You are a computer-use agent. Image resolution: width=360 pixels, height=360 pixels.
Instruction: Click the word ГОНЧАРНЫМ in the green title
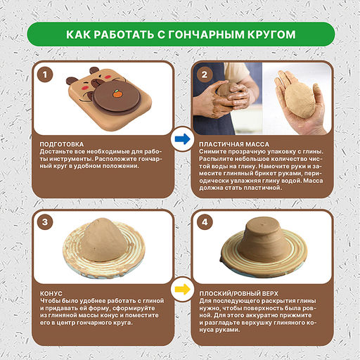coord(206,34)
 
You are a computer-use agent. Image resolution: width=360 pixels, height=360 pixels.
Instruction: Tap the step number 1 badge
coord(45,75)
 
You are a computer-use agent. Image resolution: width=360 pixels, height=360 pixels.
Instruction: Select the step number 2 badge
coord(205,75)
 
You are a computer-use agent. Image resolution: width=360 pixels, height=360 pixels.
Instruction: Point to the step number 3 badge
coord(45,221)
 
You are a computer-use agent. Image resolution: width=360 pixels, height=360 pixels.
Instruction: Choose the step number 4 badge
coord(205,221)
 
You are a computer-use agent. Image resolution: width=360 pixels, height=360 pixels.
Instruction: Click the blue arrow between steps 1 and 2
coord(183,139)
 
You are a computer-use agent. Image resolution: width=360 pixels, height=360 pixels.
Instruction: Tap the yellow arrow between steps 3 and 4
coord(183,289)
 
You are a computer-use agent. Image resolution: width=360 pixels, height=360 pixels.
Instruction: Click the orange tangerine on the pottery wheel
coord(117,94)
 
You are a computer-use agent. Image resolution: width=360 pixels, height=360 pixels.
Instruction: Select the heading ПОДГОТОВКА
coord(62,144)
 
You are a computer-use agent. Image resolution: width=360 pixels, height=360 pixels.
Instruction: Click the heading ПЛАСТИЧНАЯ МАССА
coord(234,144)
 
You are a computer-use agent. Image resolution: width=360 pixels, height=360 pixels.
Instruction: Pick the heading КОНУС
coord(51,294)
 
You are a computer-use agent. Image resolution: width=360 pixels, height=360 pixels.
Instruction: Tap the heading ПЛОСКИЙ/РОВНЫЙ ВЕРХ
coord(238,294)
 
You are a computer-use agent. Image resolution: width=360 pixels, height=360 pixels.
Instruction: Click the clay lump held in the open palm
coord(300,100)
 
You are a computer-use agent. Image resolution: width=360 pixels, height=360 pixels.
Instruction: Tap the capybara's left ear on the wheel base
coord(72,81)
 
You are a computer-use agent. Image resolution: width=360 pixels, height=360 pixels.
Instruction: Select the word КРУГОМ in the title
coord(271,34)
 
